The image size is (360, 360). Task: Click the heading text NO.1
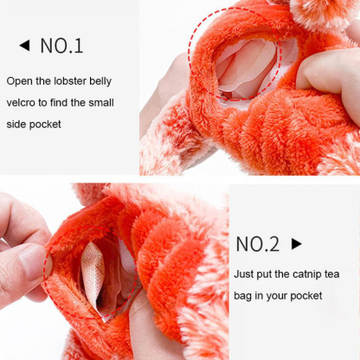(61, 46)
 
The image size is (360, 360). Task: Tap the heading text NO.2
(258, 244)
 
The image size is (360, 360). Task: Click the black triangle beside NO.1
(25, 46)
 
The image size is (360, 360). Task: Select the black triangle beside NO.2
(297, 244)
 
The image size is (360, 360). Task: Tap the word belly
(100, 81)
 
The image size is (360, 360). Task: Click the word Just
(243, 273)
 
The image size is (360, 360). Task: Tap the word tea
(331, 274)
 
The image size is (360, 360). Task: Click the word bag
(243, 296)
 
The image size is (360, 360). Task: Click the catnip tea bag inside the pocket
(93, 273)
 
